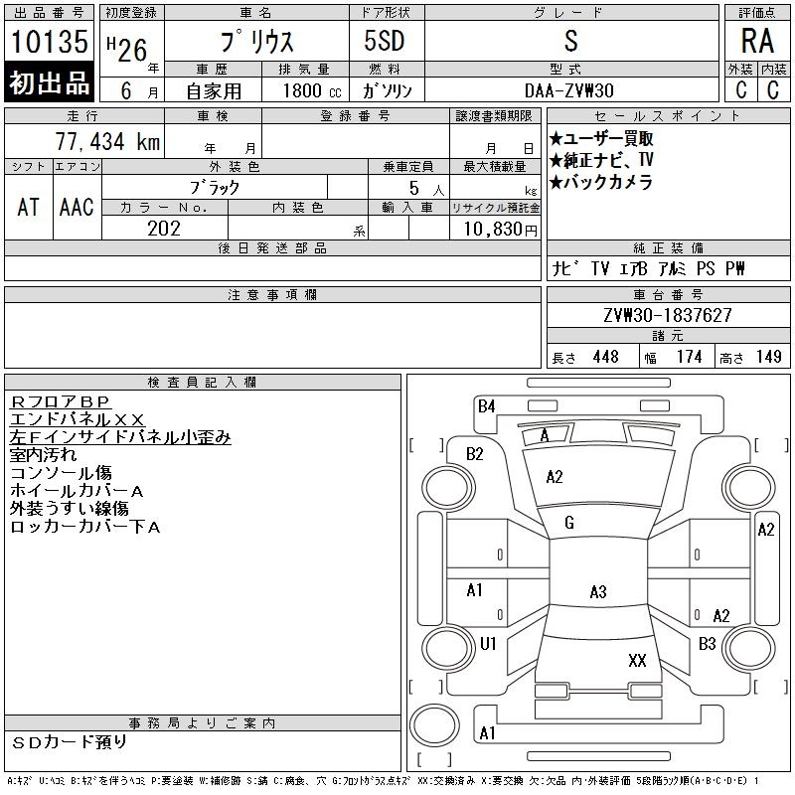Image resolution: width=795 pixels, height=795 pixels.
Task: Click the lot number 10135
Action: click(x=50, y=42)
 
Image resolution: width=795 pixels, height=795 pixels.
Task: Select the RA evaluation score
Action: click(x=757, y=42)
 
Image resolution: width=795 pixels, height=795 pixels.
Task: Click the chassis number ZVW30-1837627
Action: click(x=667, y=315)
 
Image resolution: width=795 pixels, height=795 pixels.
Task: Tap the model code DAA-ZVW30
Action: click(x=569, y=90)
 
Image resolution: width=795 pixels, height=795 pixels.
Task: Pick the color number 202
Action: click(x=163, y=229)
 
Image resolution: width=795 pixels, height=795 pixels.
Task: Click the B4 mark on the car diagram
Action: click(x=486, y=406)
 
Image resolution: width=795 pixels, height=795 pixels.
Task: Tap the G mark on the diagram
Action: click(x=568, y=523)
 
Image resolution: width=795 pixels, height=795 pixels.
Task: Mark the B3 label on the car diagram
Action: click(x=707, y=644)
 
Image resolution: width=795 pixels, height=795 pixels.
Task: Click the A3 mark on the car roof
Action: click(x=597, y=592)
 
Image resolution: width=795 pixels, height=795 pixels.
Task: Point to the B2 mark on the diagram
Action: click(x=475, y=454)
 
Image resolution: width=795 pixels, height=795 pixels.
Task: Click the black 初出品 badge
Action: click(x=50, y=83)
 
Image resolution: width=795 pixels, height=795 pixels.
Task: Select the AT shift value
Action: click(x=29, y=207)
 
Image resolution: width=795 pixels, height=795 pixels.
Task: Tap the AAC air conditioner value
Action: click(x=77, y=207)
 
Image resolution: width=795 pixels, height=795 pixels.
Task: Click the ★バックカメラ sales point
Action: click(x=600, y=182)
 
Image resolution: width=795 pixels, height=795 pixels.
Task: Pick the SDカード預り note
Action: click(x=70, y=741)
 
